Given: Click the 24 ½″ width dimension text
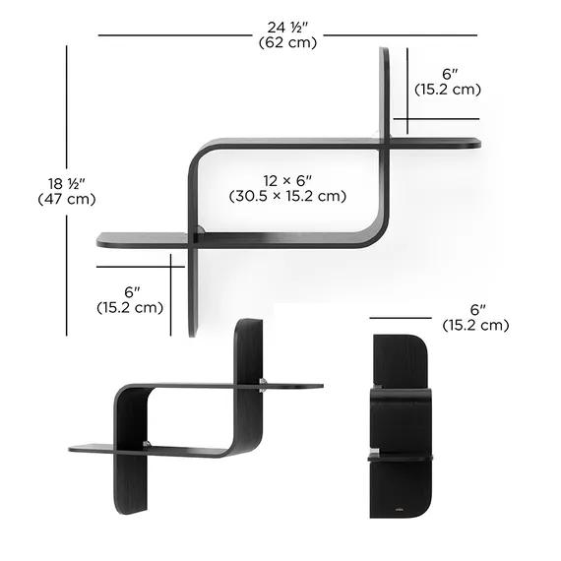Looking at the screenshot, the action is click(x=287, y=28).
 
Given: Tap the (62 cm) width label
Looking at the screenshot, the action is click(x=287, y=42).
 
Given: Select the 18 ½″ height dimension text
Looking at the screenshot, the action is click(x=67, y=184).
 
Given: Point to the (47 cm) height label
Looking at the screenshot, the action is click(x=67, y=199).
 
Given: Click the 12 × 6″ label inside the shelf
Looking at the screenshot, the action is click(x=287, y=181).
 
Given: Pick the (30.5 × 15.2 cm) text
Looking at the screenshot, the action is click(x=287, y=196).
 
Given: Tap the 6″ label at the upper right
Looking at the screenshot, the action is click(x=450, y=74).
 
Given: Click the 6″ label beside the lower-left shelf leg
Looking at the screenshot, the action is click(x=132, y=292).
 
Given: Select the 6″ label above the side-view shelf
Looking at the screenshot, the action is click(x=478, y=310).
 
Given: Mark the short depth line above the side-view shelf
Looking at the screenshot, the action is click(x=401, y=318).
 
